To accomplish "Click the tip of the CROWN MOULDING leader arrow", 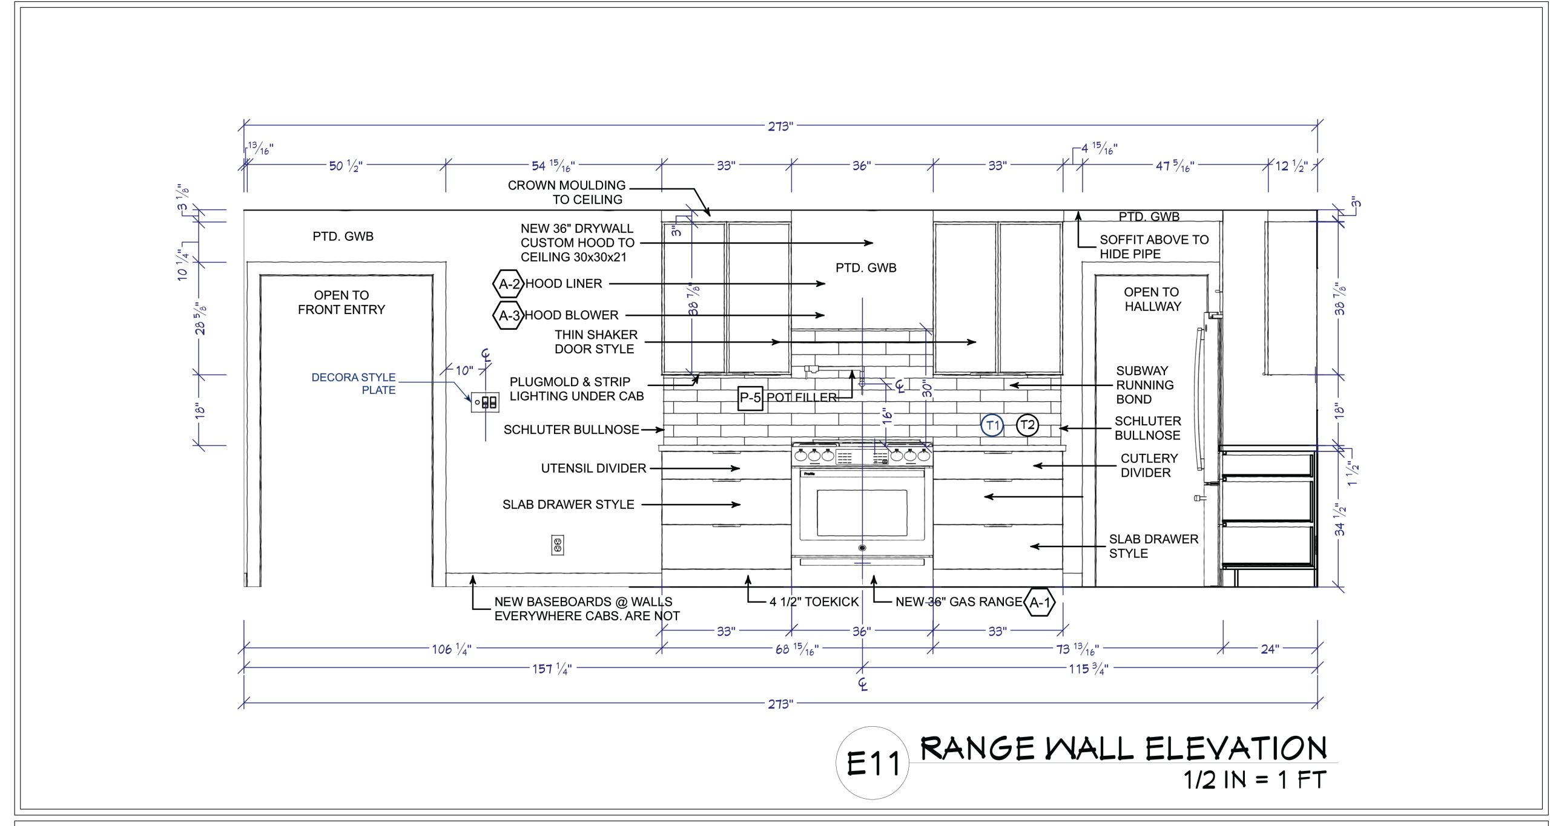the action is coord(710,216).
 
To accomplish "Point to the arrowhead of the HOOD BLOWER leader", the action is coord(825,315).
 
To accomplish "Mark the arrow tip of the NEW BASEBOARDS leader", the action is coord(473,576).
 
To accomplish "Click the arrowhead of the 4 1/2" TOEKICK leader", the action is coord(748,576).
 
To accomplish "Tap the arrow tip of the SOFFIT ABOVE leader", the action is coord(1078,212).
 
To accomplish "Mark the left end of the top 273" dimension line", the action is coord(244,126).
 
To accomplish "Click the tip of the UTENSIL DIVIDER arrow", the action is coord(740,468).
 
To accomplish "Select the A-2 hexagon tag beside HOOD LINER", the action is coord(508,284).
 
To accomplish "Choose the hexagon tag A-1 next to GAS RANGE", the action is coord(1040,603).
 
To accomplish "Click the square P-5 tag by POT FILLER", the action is coord(750,398).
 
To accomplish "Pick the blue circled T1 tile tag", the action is coord(992,425).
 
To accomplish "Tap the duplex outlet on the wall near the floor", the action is coord(558,545).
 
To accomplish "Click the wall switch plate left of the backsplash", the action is coord(485,402).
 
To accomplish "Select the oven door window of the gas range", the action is coord(862,513).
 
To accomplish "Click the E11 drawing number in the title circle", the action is coord(873,764).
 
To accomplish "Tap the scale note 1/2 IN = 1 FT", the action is coord(1255,780).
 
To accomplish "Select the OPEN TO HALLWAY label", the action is coord(1152,300).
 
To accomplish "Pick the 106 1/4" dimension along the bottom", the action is coord(452,649).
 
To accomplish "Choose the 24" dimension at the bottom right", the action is coord(1270,649).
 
